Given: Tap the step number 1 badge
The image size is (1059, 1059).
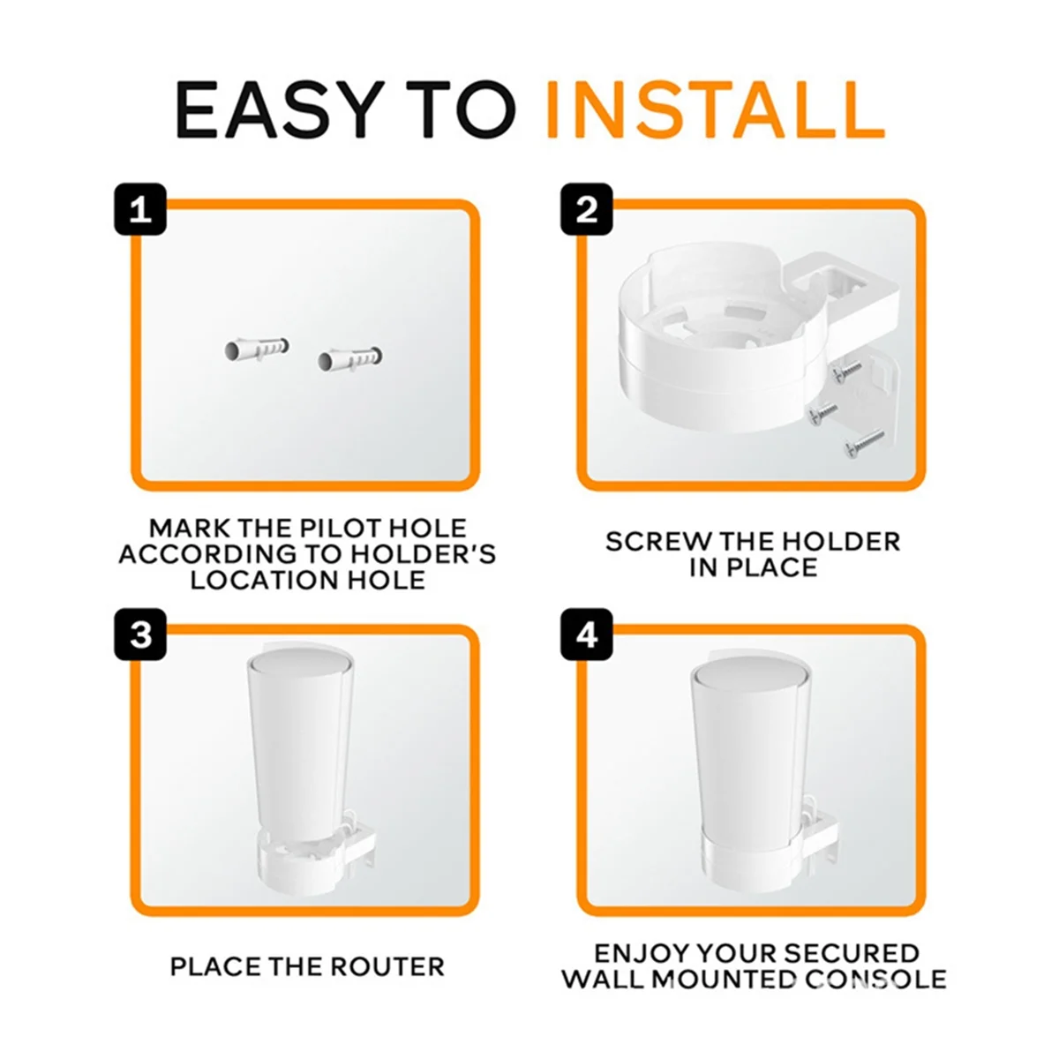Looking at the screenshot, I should pos(140,210).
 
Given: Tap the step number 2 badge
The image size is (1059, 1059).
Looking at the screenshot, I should pos(587,210).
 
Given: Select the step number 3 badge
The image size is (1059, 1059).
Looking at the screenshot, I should pos(140,635).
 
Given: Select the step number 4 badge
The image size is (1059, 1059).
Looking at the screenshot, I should pos(587,635).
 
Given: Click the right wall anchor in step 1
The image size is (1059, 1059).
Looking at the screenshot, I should pos(350,359).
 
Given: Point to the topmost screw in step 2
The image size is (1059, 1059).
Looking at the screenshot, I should pos(848,371).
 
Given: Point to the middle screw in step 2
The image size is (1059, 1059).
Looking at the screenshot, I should pos(823,409).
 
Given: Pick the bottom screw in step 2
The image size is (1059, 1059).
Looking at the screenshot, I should pos(863,444).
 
